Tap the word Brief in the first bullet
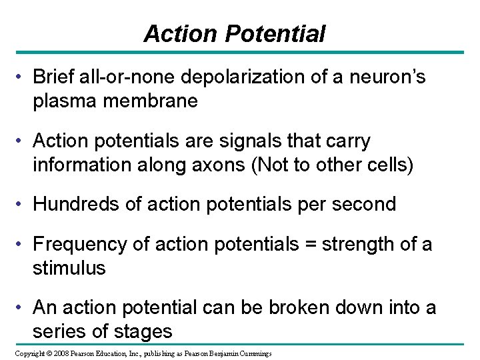pyautogui.click(x=53, y=79)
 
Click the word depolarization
pyautogui.click(x=230, y=79)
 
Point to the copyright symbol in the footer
pyautogui.click(x=39, y=352)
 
